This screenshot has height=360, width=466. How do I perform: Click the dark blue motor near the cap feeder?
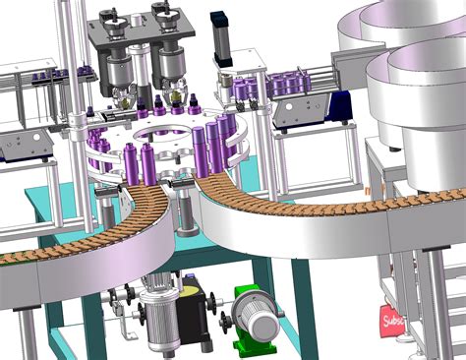(x=340, y=103)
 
